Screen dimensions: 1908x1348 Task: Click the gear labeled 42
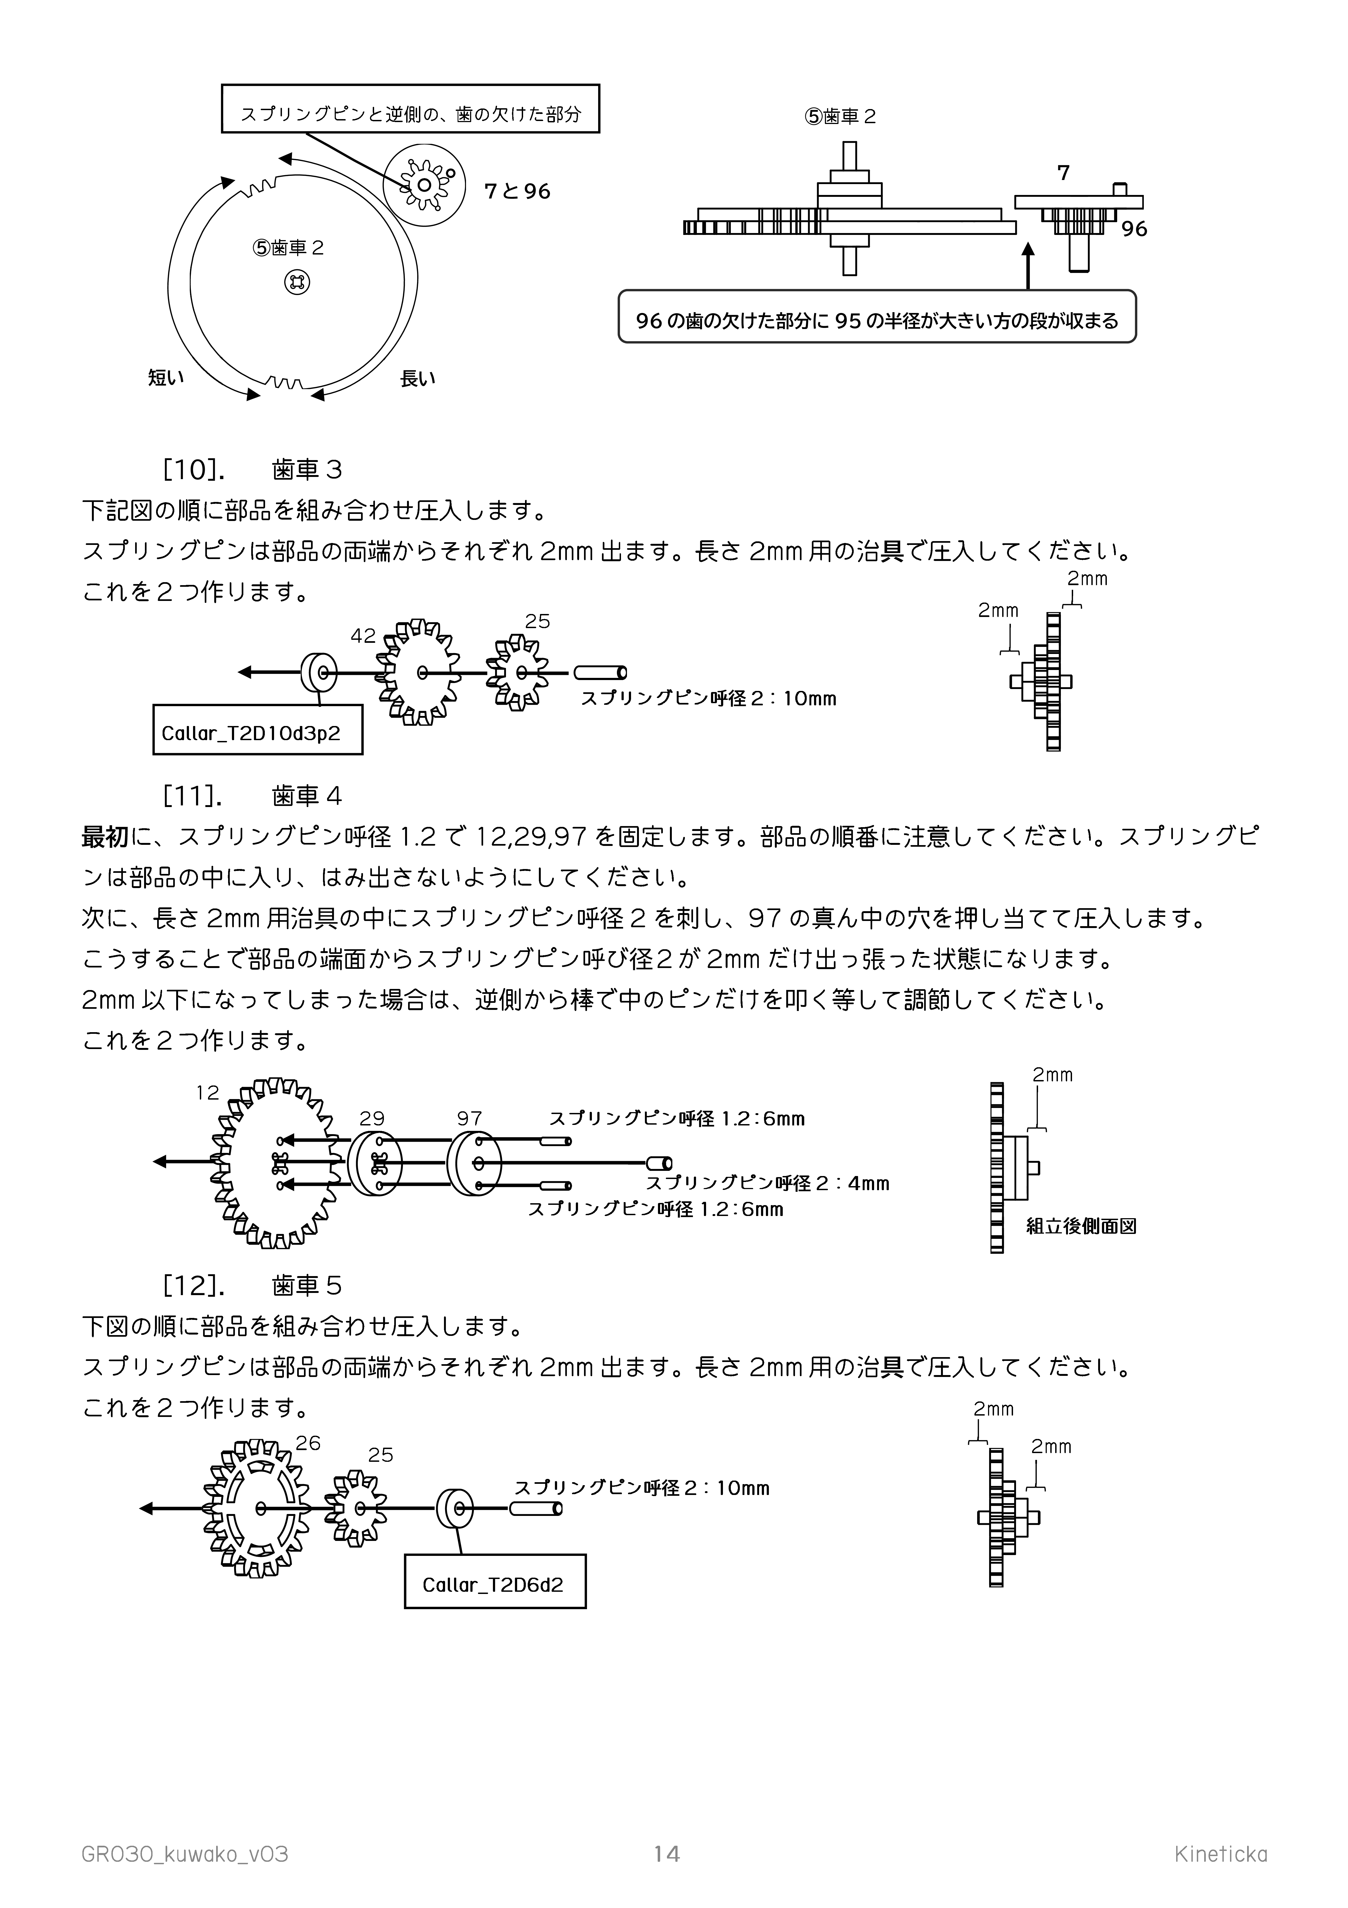pyautogui.click(x=420, y=671)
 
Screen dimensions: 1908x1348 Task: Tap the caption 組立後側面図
pyautogui.click(x=1080, y=1226)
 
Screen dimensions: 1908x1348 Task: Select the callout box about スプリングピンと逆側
pyautogui.click(x=411, y=108)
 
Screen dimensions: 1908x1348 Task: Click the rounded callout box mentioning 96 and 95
pyautogui.click(x=877, y=317)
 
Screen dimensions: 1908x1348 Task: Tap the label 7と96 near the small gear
pyautogui.click(x=517, y=191)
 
